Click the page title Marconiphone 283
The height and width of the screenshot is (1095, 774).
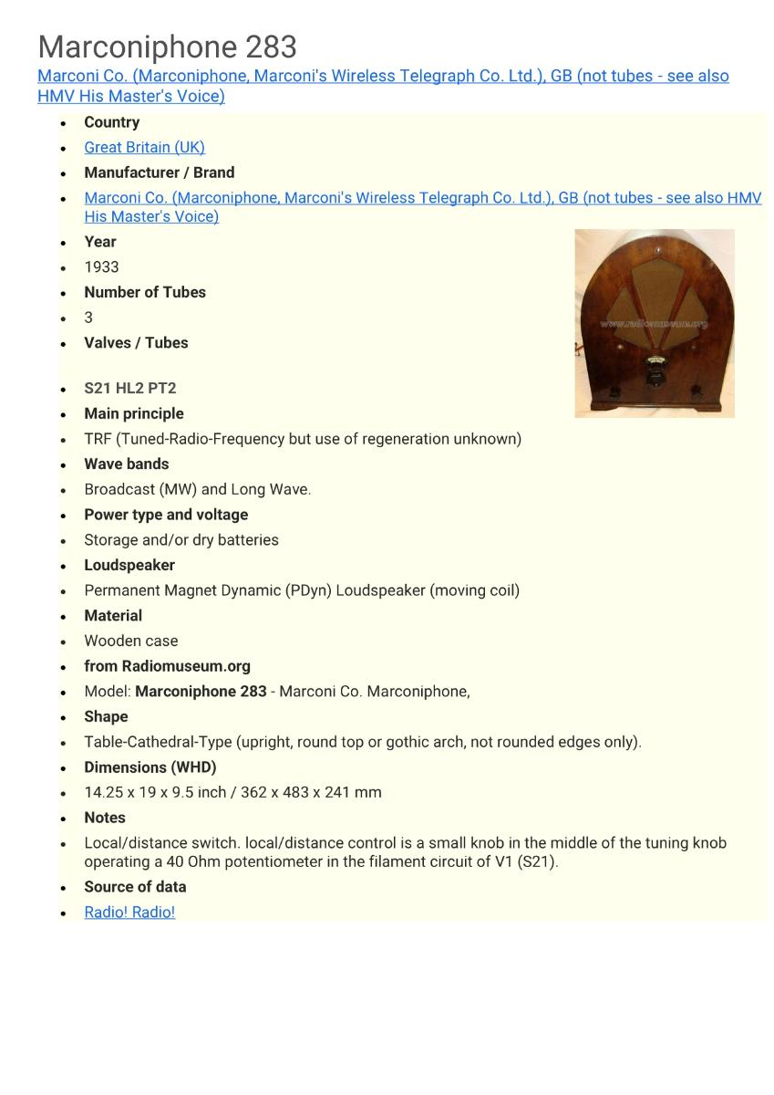(x=167, y=47)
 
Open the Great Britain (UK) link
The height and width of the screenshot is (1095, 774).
(x=144, y=147)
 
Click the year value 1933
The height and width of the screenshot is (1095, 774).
(x=101, y=266)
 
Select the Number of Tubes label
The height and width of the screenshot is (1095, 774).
(x=144, y=292)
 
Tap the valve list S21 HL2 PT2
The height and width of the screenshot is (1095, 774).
(x=129, y=388)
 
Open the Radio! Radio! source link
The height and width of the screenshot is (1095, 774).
(x=129, y=912)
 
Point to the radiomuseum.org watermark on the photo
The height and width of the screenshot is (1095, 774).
(x=654, y=323)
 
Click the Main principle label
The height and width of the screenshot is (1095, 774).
(x=133, y=413)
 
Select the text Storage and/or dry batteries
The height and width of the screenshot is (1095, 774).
(x=181, y=539)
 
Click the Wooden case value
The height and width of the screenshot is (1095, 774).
(x=130, y=641)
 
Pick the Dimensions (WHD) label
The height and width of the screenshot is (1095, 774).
(x=150, y=767)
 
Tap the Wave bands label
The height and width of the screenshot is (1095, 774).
(x=126, y=464)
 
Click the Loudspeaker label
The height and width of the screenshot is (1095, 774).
(x=129, y=565)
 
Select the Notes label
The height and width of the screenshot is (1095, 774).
(x=104, y=818)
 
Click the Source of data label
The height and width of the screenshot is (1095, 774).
(x=135, y=887)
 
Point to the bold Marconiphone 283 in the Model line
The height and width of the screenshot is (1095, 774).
(x=201, y=692)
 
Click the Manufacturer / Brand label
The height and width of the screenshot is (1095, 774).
(x=159, y=172)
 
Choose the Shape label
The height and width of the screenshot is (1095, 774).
(x=106, y=716)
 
